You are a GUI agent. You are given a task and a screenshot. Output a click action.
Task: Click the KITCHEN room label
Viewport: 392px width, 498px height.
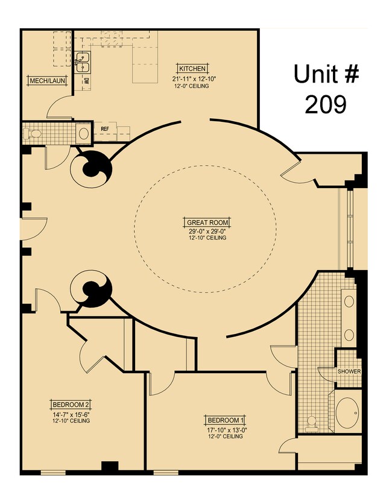192,68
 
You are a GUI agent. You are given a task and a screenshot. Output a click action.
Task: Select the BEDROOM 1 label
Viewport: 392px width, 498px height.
225,420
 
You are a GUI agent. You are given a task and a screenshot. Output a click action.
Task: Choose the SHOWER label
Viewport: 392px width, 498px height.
349,371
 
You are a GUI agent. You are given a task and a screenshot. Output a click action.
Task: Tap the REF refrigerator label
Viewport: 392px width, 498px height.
104,128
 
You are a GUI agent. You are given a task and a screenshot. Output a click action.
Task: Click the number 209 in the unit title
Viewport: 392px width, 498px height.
325,104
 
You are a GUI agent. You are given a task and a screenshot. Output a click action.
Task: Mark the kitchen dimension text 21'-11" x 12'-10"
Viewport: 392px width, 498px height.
192,78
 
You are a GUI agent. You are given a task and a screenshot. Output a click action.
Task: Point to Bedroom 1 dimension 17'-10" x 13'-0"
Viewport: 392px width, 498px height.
225,429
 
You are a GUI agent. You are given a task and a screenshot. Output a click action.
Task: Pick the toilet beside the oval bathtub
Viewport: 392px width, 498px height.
312,423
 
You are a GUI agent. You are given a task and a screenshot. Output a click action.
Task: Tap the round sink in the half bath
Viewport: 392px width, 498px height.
83,133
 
